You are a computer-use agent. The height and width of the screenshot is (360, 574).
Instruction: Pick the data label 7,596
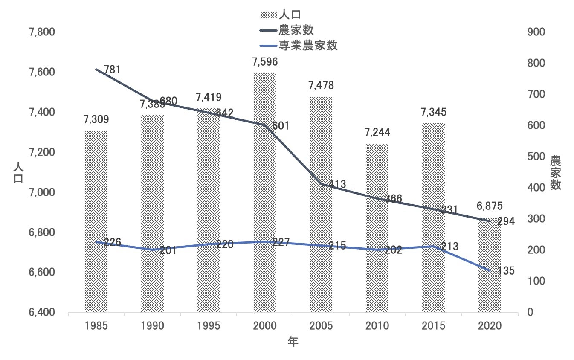[265, 62]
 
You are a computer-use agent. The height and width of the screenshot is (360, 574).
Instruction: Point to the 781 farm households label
[112, 69]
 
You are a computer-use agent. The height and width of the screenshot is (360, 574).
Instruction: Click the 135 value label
[506, 271]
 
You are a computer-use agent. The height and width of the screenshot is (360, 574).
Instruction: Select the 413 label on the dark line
[337, 184]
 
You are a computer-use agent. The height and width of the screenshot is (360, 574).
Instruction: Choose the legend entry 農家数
[296, 30]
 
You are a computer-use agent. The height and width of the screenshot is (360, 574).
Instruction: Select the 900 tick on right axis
[536, 32]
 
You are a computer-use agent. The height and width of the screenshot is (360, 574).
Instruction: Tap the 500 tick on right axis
[536, 157]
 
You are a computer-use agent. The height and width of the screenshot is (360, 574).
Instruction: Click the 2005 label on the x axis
[321, 326]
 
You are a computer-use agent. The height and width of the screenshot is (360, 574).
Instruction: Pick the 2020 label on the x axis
[490, 326]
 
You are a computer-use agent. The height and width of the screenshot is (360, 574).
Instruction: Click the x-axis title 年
[293, 342]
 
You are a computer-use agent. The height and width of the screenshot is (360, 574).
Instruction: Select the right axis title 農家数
[555, 173]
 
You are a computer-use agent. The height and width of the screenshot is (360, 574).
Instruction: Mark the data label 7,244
[377, 133]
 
